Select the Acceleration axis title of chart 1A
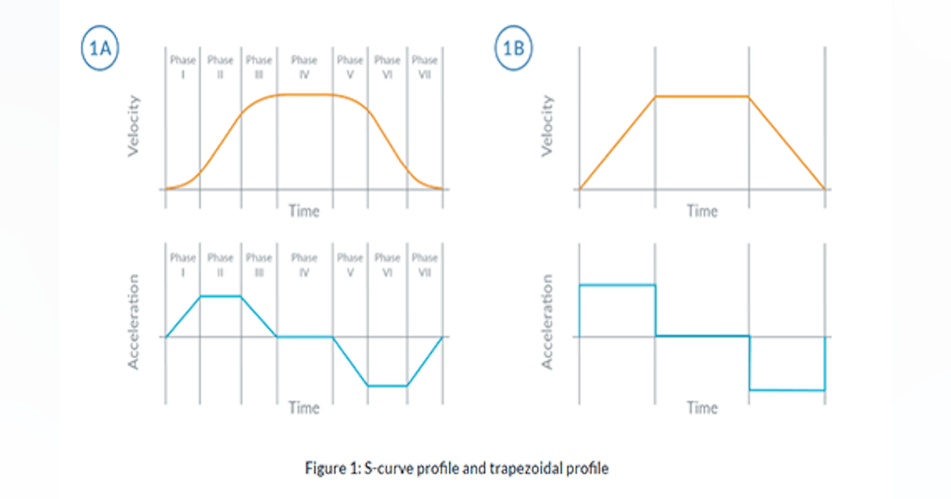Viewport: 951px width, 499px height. (x=134, y=322)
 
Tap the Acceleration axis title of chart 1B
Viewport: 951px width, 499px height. (x=547, y=322)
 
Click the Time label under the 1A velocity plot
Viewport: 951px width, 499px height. (x=304, y=211)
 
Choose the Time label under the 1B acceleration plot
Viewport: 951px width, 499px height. (x=702, y=408)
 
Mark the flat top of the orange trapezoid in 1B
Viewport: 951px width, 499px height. (x=702, y=97)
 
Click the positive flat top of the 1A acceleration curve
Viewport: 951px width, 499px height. (x=220, y=295)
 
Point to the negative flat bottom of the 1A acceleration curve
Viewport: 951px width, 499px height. (x=388, y=386)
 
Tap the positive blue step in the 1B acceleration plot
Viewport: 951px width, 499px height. (x=617, y=284)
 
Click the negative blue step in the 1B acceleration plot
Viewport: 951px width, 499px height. (x=787, y=390)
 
